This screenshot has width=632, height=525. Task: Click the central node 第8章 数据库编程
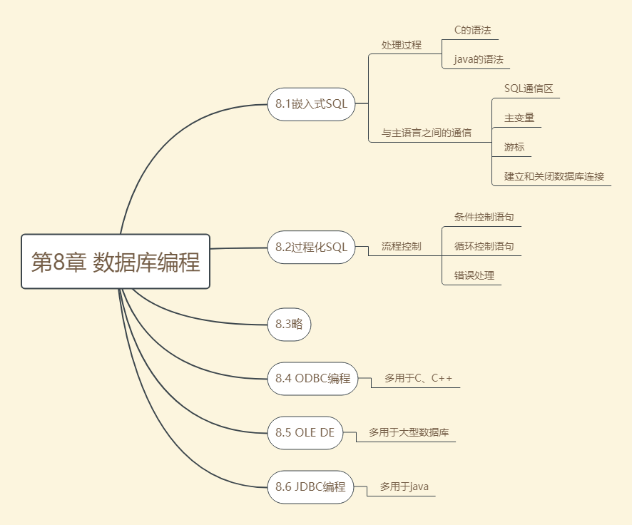(x=116, y=261)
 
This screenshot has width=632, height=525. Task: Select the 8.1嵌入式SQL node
(x=311, y=104)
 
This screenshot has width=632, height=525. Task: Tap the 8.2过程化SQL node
(x=311, y=247)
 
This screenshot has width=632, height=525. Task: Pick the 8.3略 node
(x=289, y=324)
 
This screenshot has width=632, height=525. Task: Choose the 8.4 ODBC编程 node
(x=312, y=378)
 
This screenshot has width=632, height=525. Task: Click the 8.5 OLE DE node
(x=305, y=432)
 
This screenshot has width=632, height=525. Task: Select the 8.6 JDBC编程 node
(x=310, y=487)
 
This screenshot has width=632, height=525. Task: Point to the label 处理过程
(x=402, y=44)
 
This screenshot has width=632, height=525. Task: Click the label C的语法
(x=472, y=31)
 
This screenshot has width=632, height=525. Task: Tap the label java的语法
(x=479, y=59)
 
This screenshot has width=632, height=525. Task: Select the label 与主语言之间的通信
(x=427, y=133)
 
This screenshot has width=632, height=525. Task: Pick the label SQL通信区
(x=529, y=88)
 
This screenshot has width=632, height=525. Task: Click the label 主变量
(x=519, y=118)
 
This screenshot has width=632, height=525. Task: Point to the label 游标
(x=514, y=147)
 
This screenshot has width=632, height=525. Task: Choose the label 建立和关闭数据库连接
(x=554, y=175)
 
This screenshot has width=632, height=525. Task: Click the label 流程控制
(x=402, y=247)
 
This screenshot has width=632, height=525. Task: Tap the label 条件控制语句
(x=484, y=218)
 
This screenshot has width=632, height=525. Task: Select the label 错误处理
(x=474, y=275)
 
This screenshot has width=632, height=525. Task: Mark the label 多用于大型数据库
(x=409, y=432)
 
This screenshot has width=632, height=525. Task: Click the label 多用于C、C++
(x=419, y=378)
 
